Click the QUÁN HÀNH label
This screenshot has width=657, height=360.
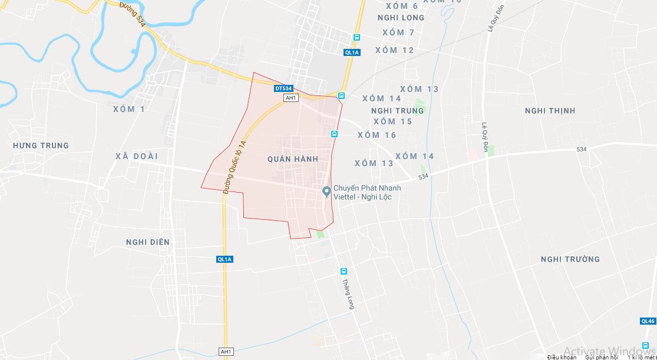[x=292, y=159]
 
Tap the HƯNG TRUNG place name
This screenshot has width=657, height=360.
[x=41, y=146]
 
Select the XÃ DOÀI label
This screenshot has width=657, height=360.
[x=137, y=155]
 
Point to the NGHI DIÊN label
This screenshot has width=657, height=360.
[x=147, y=242]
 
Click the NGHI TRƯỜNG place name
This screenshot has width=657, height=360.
[x=570, y=259]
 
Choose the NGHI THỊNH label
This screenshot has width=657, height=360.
[x=550, y=111]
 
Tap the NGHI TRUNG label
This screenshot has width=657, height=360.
[x=397, y=111]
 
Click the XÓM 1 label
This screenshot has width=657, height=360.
[x=128, y=109]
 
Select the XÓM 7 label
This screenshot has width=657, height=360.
[x=398, y=32]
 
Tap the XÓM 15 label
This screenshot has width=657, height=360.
[x=392, y=121]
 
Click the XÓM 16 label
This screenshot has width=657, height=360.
[x=377, y=135]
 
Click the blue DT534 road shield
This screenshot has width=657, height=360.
[x=283, y=88]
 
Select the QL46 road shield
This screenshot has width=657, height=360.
[x=647, y=321]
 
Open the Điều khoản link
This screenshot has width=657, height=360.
[x=561, y=357]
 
